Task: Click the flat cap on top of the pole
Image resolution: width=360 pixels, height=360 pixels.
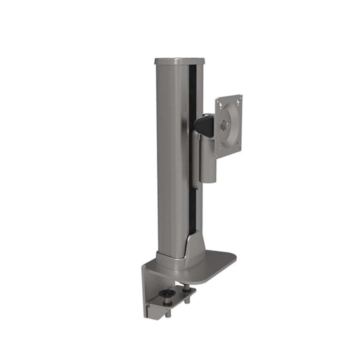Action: (179, 61)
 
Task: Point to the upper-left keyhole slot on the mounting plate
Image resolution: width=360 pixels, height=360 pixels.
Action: (220, 104)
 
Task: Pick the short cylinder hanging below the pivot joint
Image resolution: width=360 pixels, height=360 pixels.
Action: (208, 162)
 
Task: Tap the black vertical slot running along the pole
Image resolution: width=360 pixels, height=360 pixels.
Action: (192, 150)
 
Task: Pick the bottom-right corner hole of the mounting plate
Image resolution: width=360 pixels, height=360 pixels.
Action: (239, 143)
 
